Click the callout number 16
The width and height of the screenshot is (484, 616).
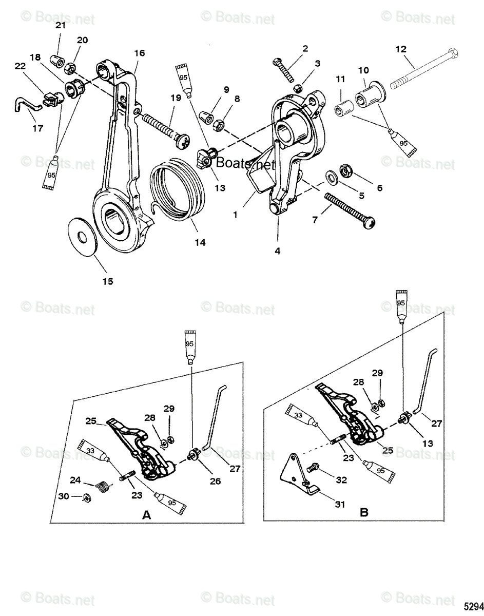coord(139,53)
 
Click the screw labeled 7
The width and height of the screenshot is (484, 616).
coord(352,210)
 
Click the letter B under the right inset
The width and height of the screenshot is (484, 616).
coord(364,512)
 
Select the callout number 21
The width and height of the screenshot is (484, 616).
coord(61,25)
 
